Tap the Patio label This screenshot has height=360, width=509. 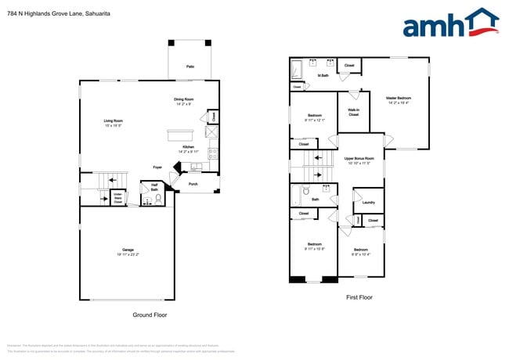pyautogui.click(x=190, y=67)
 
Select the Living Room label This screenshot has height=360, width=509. pyautogui.click(x=114, y=121)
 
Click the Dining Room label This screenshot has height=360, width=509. pyautogui.click(x=184, y=99)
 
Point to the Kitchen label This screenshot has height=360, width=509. pyautogui.click(x=188, y=147)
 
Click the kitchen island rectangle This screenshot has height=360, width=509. pyautogui.click(x=179, y=134)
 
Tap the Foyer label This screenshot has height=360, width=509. pyautogui.click(x=157, y=167)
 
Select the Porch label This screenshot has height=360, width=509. pyautogui.click(x=193, y=185)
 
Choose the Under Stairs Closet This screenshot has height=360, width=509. pyautogui.click(x=117, y=197)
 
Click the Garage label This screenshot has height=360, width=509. pyautogui.click(x=128, y=250)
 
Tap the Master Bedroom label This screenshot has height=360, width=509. pyautogui.click(x=398, y=99)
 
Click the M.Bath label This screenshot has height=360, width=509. pyautogui.click(x=322, y=75)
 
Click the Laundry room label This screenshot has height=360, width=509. pyautogui.click(x=368, y=202)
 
